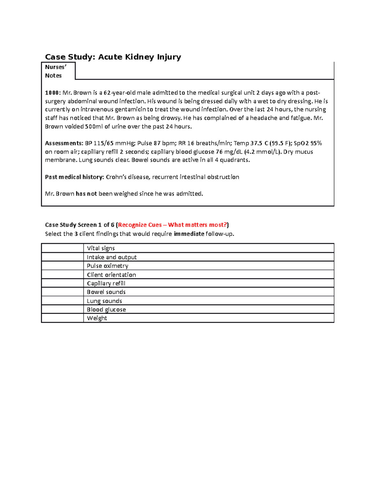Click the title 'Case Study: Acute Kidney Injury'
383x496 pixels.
(113, 57)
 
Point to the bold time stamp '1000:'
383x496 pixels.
(53, 93)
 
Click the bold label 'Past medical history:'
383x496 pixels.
(74, 177)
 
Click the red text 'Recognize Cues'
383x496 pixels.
(140, 225)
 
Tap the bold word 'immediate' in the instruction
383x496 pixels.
(189, 234)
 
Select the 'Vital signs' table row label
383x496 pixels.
(101, 248)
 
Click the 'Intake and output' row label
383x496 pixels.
(112, 257)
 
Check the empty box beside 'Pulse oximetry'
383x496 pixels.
(62, 266)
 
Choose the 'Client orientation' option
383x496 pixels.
(111, 275)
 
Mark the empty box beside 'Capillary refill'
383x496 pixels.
(62, 283)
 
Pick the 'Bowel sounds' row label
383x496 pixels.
(106, 292)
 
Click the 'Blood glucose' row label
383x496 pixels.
(106, 309)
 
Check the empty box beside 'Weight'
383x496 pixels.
(62, 318)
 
